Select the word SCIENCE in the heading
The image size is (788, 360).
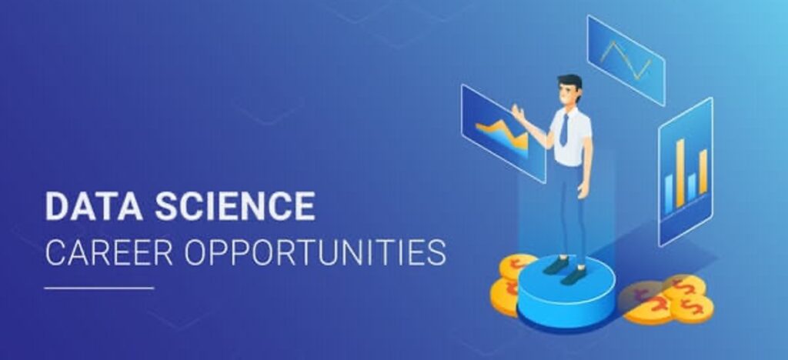(235, 206)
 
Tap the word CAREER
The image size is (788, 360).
(109, 253)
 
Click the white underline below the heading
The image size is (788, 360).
(99, 288)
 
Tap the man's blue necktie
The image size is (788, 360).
(564, 131)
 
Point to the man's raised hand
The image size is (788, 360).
(518, 113)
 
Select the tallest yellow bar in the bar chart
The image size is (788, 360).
(680, 173)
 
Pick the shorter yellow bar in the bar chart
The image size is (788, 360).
(703, 172)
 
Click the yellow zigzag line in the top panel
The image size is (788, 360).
(625, 60)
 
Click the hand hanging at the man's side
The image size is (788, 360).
(583, 190)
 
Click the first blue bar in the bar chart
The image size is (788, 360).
(669, 194)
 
